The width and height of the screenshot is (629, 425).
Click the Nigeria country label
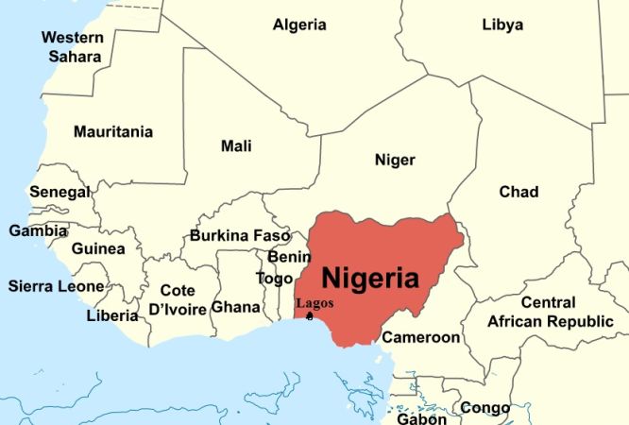pyautogui.click(x=370, y=278)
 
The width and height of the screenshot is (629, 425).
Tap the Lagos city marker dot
pyautogui.click(x=310, y=316)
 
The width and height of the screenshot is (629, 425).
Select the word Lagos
pyautogui.click(x=314, y=303)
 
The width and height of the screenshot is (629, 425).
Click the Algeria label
pyautogui.click(x=299, y=25)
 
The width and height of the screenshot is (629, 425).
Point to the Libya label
pyautogui.click(x=501, y=25)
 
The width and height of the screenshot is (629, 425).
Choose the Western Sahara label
pyautogui.click(x=72, y=47)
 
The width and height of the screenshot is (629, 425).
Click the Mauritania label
pyautogui.click(x=113, y=130)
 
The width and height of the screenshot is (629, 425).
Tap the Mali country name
pyautogui.click(x=236, y=145)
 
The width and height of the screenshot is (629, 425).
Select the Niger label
pyautogui.click(x=395, y=160)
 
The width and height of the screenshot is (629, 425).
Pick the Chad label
pyautogui.click(x=518, y=192)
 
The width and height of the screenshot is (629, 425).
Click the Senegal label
pyautogui.click(x=59, y=192)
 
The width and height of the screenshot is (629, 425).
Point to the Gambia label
pyautogui.click(x=38, y=230)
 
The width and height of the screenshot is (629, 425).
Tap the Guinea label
pyautogui.click(x=98, y=249)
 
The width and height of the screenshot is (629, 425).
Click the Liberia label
pyautogui.click(x=112, y=315)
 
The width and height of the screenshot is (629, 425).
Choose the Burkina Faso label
pyautogui.click(x=240, y=235)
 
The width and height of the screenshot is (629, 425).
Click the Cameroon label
pyautogui.click(x=421, y=337)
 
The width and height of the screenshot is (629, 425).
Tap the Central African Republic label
pyautogui.click(x=550, y=313)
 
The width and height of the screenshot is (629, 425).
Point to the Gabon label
pyautogui.click(x=421, y=417)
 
